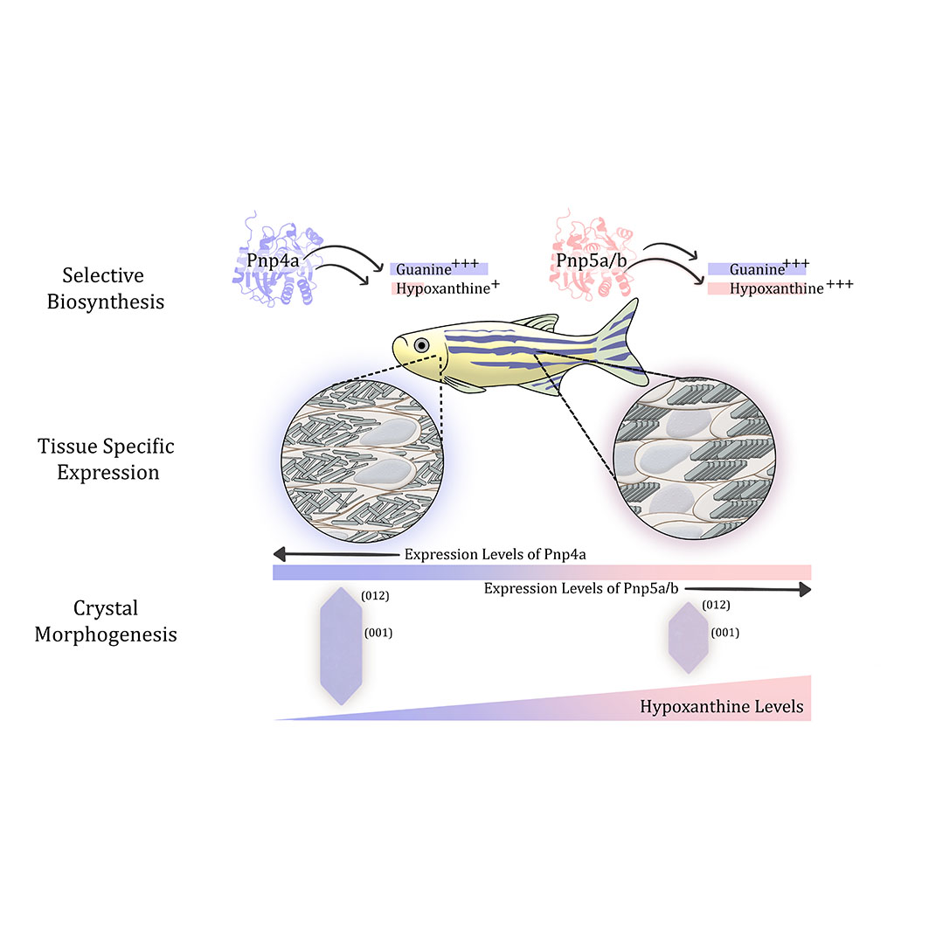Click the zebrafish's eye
(x=421, y=345)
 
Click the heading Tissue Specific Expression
(x=106, y=459)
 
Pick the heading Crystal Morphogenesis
(x=106, y=620)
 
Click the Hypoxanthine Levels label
(x=722, y=706)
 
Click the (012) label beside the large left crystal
(x=374, y=595)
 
